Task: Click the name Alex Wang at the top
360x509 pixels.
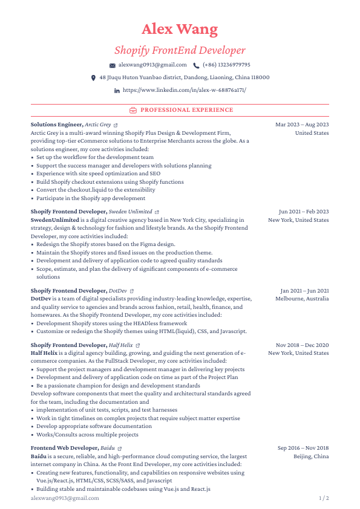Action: click(180, 29)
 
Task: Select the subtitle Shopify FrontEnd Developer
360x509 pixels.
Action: click(180, 50)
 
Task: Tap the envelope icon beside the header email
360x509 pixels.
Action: click(113, 65)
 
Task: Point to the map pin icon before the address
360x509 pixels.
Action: click(93, 78)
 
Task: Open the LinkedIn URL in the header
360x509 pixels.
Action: click(184, 90)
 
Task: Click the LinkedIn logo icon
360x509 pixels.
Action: click(117, 91)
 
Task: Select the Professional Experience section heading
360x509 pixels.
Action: click(186, 110)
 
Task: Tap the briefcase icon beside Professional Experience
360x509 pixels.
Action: click(133, 110)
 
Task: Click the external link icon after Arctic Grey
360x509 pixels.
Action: click(116, 125)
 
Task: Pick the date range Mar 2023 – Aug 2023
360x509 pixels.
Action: click(302, 125)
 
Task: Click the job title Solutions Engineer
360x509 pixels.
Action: click(56, 125)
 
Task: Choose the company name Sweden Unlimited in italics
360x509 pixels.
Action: click(130, 212)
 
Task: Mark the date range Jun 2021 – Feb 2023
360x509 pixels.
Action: click(304, 212)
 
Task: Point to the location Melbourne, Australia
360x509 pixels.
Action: click(302, 299)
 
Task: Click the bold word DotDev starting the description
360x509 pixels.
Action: click(41, 299)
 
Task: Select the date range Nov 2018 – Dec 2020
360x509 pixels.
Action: click(302, 345)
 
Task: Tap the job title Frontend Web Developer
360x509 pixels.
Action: click(64, 448)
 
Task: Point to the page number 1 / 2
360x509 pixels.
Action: click(324, 498)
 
